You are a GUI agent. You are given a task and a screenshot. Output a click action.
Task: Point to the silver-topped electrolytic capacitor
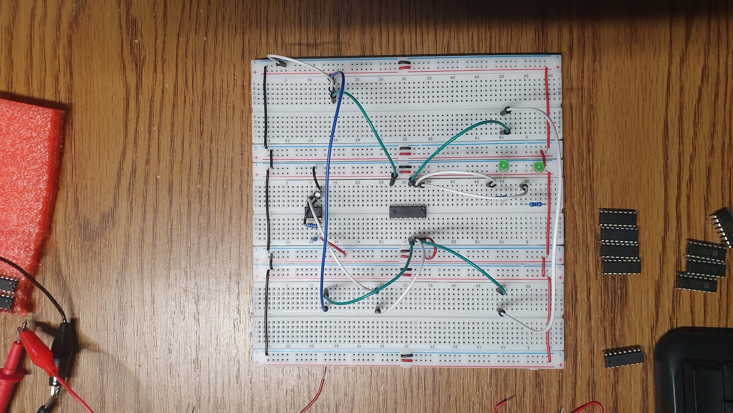[318, 195]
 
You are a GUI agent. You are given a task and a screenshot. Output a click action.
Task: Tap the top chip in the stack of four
[618, 217]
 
